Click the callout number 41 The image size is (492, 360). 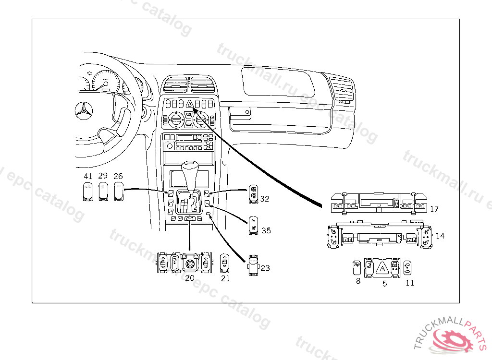click(87, 176)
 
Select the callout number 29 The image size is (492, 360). click(103, 176)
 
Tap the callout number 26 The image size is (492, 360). click(118, 176)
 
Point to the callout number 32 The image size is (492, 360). click(265, 198)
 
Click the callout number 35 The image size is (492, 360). click(266, 230)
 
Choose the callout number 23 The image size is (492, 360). click(265, 268)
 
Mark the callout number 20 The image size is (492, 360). click(189, 278)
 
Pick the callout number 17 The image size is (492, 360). click(434, 209)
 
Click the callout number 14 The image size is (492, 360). click(440, 236)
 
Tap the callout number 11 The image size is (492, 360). click(409, 283)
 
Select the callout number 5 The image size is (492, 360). click(384, 284)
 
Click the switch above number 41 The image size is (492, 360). click(87, 192)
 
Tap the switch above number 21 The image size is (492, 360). click(225, 264)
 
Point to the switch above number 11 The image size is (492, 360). click(408, 268)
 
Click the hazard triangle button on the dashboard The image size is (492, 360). click(189, 103)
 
